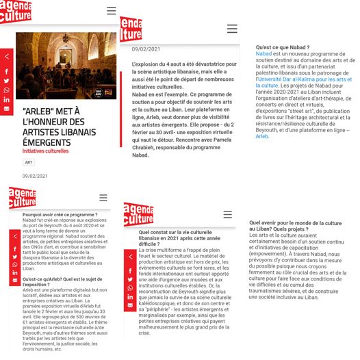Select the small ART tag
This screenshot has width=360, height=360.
click(29, 162)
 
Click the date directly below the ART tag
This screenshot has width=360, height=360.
click(35, 176)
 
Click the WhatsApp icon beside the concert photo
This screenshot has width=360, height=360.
click(6, 90)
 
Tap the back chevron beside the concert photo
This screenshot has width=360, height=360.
click(6, 56)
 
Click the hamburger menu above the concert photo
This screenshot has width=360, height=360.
click(111, 10)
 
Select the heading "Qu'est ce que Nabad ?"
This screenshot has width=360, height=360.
click(282, 47)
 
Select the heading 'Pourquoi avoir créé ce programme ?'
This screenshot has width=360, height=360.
click(60, 215)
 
